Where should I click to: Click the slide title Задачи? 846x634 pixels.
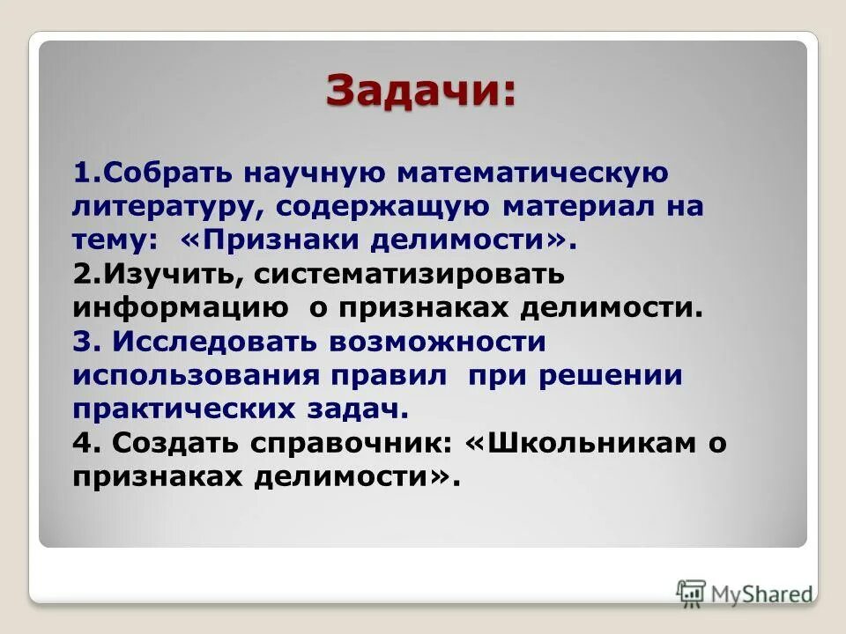[x=421, y=91]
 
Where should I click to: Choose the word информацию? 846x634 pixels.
[x=181, y=307]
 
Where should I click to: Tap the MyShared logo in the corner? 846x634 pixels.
[x=745, y=593]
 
